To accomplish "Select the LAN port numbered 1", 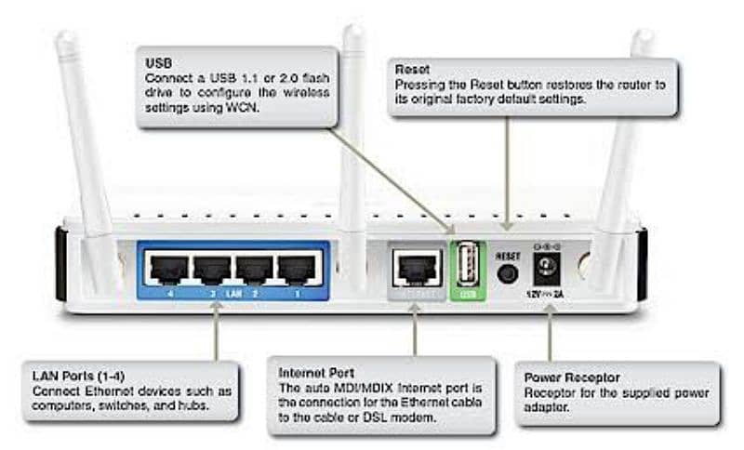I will click(x=297, y=270).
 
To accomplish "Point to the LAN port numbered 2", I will click(x=254, y=270).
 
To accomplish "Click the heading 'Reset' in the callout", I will click(x=412, y=70).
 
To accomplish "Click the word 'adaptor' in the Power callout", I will click(x=549, y=407).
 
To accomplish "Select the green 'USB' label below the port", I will click(x=468, y=296).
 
